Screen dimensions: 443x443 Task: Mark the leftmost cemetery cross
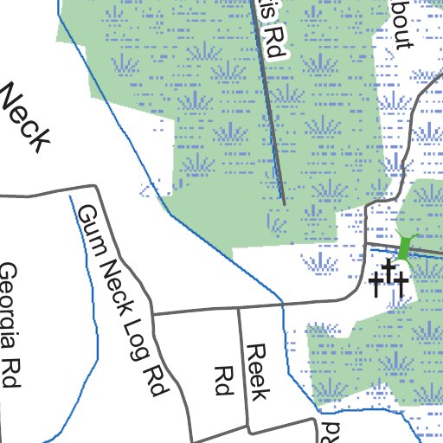(x=376, y=284)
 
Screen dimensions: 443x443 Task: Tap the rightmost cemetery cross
(x=401, y=285)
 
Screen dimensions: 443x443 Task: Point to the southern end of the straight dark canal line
(x=284, y=203)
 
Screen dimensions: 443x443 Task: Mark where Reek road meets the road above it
(x=239, y=308)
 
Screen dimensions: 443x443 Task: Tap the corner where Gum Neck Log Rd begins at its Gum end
(x=94, y=185)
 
